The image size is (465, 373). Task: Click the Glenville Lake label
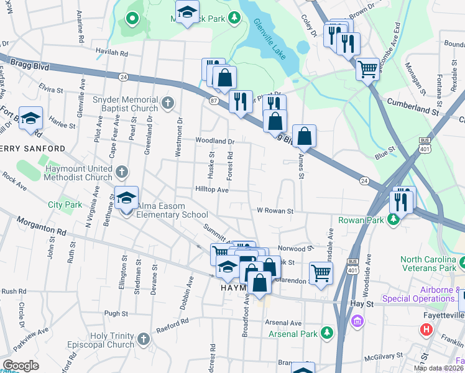(270, 39)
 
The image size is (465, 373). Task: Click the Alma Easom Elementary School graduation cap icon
(126, 198)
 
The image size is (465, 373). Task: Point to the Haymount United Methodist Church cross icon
(122, 170)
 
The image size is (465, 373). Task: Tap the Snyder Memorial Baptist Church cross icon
(167, 102)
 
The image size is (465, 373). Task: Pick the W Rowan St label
(275, 211)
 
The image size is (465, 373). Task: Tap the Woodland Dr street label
(215, 141)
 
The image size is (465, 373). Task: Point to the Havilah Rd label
(111, 53)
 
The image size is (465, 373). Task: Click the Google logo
(21, 366)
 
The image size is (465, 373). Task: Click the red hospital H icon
(426, 329)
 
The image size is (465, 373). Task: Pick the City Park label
(65, 204)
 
